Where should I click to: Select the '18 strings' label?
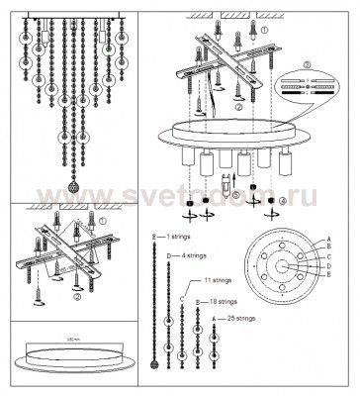223,300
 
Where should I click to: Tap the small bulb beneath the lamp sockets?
228,183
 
